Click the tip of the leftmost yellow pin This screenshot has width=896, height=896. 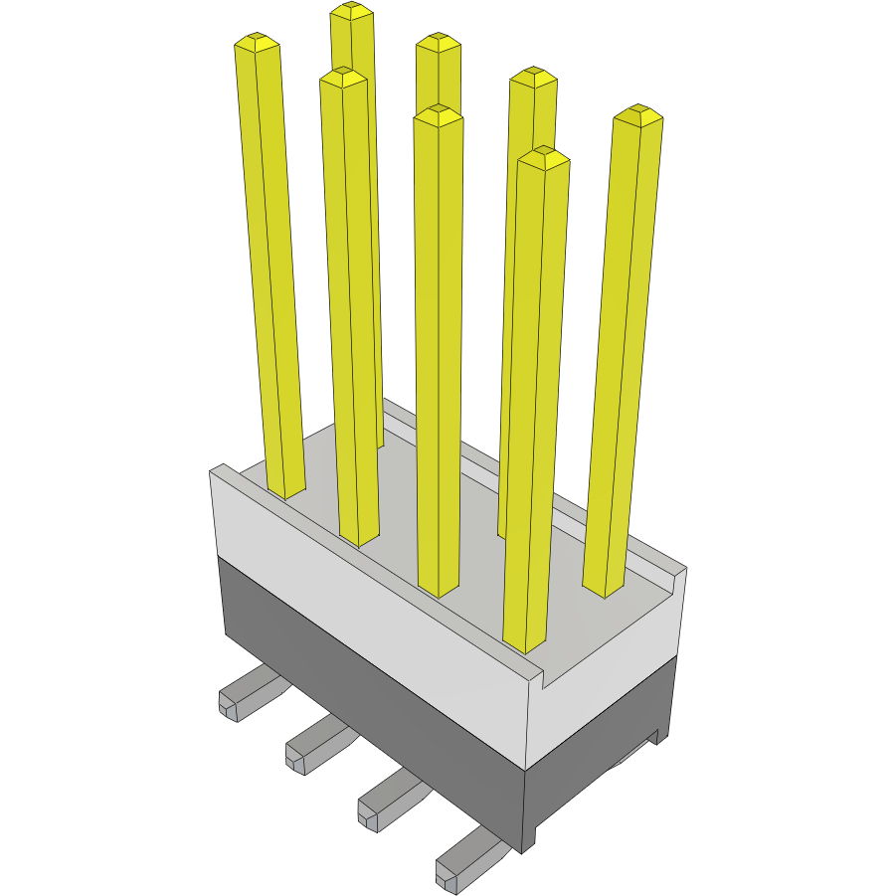(257, 42)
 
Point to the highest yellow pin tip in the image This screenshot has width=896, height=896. (352, 11)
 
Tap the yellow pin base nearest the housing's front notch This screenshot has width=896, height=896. (525, 642)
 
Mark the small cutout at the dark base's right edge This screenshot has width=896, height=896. (655, 737)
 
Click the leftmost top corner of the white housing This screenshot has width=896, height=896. (212, 470)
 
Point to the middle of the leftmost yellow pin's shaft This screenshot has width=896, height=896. (270, 269)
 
